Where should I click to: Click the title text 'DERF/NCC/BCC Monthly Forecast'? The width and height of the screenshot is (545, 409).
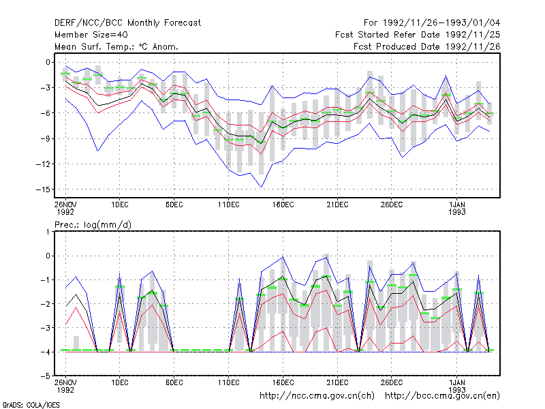[127, 23]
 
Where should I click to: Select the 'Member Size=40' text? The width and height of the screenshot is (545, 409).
[91, 35]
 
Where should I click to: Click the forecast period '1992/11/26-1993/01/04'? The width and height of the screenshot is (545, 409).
[441, 23]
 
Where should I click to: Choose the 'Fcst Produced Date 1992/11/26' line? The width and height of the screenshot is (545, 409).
[427, 46]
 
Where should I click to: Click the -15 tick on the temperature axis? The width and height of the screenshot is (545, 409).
[43, 190]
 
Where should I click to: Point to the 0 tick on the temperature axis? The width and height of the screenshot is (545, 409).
[48, 62]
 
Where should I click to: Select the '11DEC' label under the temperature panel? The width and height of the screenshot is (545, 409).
[229, 204]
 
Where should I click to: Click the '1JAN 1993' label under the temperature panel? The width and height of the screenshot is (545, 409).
[456, 208]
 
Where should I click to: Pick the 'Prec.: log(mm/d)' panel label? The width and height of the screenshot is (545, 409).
[93, 225]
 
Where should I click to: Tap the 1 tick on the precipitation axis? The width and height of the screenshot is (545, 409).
[48, 232]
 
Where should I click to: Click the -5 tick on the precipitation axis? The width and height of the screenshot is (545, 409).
[46, 376]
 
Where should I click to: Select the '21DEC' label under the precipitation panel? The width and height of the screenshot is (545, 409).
[337, 382]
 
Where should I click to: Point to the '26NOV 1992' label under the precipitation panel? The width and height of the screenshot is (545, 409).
[65, 386]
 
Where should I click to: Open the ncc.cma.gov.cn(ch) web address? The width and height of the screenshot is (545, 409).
[317, 396]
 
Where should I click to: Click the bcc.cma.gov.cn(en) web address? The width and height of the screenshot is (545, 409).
[442, 396]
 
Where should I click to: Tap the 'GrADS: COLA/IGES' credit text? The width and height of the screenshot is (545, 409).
[31, 405]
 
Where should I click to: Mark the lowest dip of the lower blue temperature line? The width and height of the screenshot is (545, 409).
[262, 187]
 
